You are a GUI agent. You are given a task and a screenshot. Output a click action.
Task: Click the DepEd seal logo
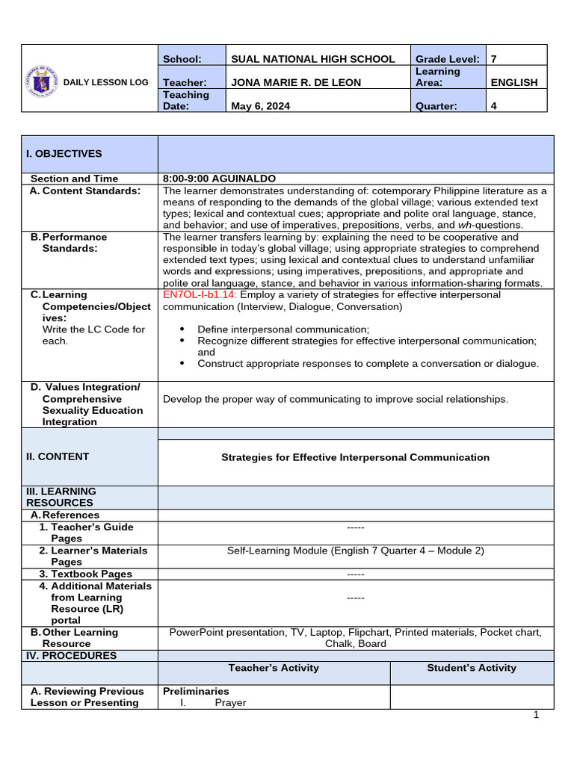46,82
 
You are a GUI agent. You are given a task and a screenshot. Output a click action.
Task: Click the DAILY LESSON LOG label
107,82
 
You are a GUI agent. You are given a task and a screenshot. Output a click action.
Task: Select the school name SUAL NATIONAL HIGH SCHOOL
313,59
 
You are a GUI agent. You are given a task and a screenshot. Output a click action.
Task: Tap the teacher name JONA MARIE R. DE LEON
297,83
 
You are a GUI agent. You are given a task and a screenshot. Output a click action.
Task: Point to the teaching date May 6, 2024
261,106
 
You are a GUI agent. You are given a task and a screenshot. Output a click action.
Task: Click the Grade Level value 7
493,59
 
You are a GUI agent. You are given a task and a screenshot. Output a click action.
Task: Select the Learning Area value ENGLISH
513,83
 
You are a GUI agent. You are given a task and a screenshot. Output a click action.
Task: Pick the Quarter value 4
493,106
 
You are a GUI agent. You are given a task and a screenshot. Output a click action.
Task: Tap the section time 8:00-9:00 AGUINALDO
219,179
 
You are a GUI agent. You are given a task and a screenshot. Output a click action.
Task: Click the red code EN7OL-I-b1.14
200,294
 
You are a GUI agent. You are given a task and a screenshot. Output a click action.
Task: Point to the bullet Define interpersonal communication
283,329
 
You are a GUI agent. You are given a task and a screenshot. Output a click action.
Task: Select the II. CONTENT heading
58,456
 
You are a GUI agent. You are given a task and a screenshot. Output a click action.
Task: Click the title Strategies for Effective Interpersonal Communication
356,457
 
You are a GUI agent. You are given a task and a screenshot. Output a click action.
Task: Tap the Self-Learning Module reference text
356,551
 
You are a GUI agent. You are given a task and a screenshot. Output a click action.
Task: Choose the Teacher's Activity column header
274,668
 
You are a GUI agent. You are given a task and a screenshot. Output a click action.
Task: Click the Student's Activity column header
472,668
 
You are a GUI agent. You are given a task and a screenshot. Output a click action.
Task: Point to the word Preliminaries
196,691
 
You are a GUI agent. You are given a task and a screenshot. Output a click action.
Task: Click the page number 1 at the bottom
536,715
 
